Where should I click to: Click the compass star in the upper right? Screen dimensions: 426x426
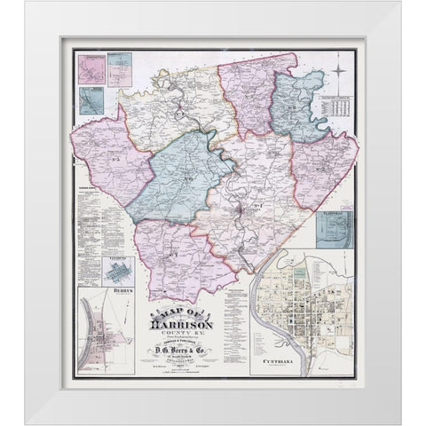[x=343, y=75]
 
